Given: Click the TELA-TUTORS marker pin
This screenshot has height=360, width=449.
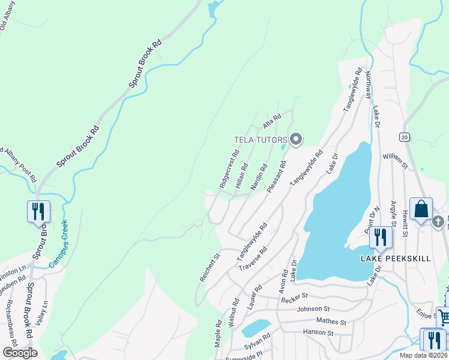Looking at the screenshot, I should [295, 140].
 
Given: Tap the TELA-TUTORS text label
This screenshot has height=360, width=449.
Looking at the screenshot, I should [260, 140].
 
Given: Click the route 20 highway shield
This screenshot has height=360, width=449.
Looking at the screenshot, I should [405, 137].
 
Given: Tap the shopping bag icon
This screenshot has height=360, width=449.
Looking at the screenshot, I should [421, 210].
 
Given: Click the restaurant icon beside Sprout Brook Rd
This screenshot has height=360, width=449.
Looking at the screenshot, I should [38, 212].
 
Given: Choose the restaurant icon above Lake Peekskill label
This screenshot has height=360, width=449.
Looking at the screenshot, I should [381, 236].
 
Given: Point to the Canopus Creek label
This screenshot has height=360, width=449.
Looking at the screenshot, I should [58, 243].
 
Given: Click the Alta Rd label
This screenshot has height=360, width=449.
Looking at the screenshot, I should [272, 122].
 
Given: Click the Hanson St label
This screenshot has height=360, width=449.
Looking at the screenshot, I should [318, 332].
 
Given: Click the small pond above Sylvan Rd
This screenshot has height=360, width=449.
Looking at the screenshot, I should [256, 328].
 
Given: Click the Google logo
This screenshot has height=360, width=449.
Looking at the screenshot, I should [20, 352].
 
